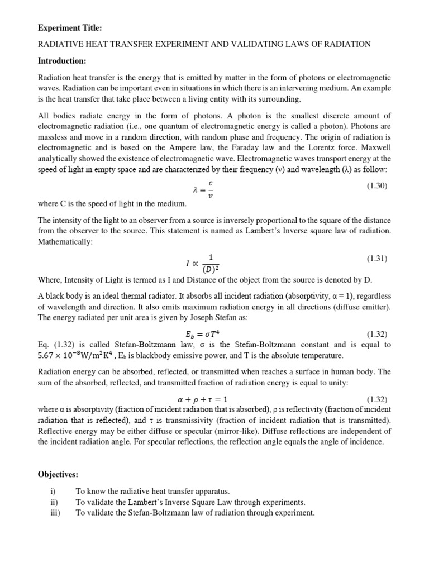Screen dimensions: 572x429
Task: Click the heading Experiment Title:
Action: pos(70,28)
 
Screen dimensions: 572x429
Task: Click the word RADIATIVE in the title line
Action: pos(61,44)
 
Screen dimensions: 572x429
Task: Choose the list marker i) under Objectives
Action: pos(54,491)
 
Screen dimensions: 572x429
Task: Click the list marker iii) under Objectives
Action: pos(55,512)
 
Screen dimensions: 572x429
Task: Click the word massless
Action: pos(53,137)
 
